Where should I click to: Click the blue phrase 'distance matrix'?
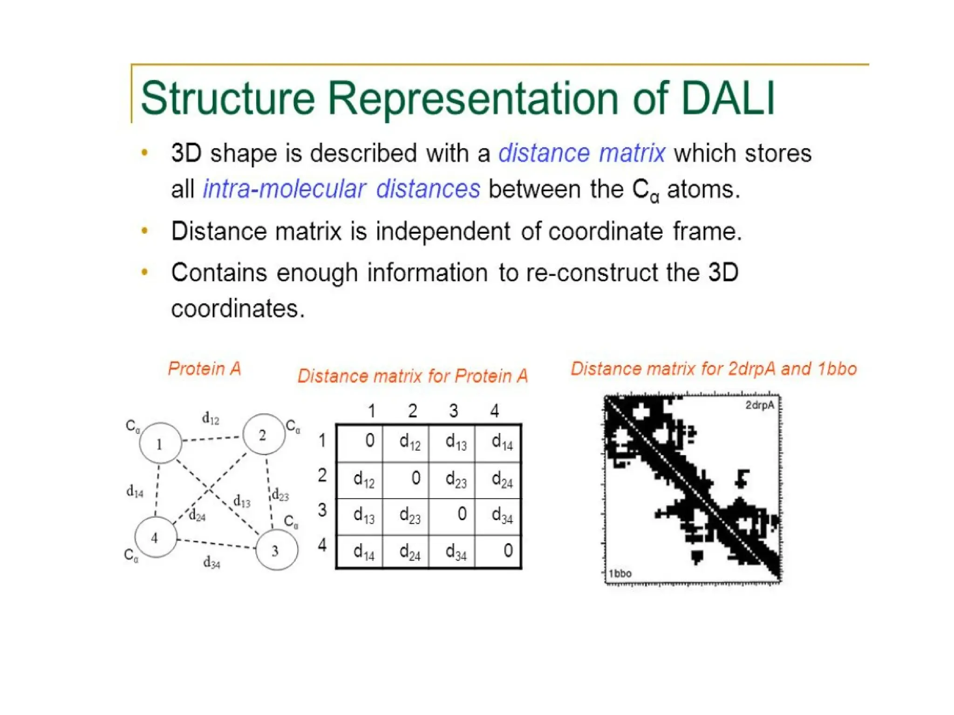pyautogui.click(x=582, y=153)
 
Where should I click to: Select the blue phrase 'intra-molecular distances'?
pyautogui.click(x=341, y=189)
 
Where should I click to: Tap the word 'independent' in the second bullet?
pyautogui.click(x=443, y=231)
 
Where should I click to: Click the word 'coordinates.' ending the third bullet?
pyautogui.click(x=238, y=309)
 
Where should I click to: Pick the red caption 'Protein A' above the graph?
pyautogui.click(x=204, y=369)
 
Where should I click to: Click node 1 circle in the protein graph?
pyautogui.click(x=160, y=443)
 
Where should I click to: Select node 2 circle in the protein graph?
pyautogui.click(x=264, y=434)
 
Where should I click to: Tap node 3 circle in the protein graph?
pyautogui.click(x=277, y=550)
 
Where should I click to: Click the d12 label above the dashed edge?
pyautogui.click(x=211, y=418)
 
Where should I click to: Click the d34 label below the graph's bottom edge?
pyautogui.click(x=212, y=563)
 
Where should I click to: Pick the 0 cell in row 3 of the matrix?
pyautogui.click(x=462, y=514)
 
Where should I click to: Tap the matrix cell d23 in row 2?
pyautogui.click(x=456, y=479)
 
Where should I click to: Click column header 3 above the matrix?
pyautogui.click(x=453, y=411)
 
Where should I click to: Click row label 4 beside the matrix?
pyautogui.click(x=322, y=545)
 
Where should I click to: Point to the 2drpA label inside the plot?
pyautogui.click(x=759, y=405)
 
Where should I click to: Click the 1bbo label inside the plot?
pyautogui.click(x=620, y=573)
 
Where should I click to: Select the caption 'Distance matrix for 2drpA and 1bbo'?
pyautogui.click(x=714, y=369)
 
